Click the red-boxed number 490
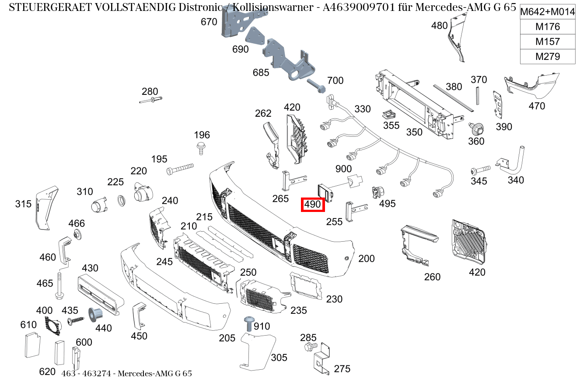312,204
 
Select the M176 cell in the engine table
547,27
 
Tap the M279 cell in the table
547,56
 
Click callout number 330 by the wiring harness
362,109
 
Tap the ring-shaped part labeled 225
122,201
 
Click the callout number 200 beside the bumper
366,259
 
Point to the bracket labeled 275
322,358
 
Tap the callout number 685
261,73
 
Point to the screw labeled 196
201,148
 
